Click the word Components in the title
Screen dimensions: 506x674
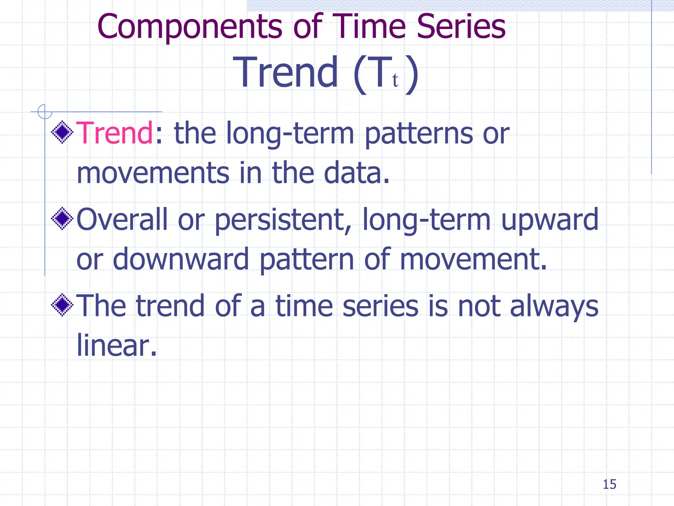[x=190, y=27]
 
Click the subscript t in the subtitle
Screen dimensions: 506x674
[x=395, y=80]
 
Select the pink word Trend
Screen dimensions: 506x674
[x=115, y=133]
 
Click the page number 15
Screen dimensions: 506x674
[x=609, y=485]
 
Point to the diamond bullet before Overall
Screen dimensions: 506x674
[x=62, y=219]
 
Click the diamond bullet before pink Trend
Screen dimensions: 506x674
[x=62, y=132]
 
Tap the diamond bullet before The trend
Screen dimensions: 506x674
[x=62, y=305]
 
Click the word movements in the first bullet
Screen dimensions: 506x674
[x=153, y=173]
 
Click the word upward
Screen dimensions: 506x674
[x=549, y=220]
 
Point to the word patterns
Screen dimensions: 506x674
[x=419, y=134]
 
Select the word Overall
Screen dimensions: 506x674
[x=122, y=219]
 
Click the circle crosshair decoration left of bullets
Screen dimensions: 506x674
[x=44, y=111]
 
